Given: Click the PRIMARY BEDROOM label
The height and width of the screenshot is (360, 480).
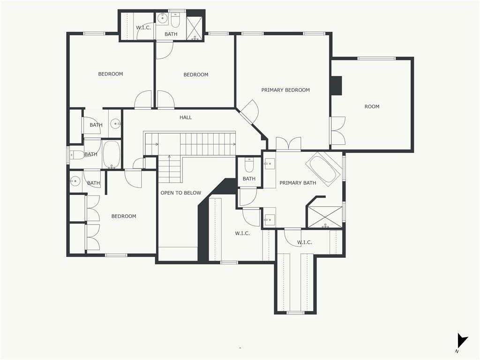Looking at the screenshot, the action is pos(285,90).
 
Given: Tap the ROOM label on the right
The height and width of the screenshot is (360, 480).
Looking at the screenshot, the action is pos(372,106).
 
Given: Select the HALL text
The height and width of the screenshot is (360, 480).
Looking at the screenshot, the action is pos(186,117).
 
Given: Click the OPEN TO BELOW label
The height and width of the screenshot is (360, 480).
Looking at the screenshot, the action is pos(181,193).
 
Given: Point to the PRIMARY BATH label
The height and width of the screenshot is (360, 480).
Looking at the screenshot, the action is pos(298,183).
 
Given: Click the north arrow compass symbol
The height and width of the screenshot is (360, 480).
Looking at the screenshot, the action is pos(462,340).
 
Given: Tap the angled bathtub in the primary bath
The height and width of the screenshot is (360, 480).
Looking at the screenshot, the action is pos(324,169).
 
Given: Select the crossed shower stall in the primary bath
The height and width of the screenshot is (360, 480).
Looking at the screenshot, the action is pos(325,217).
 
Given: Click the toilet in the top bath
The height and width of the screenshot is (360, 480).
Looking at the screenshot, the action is pos(175,19).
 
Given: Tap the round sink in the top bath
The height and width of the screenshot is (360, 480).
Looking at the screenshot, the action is pos(162,19).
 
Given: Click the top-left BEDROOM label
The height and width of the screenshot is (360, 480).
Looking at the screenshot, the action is pos(111,74).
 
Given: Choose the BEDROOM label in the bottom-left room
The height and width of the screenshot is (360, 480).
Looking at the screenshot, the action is pos(124,216).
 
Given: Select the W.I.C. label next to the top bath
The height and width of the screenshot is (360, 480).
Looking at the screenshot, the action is pos(143,28).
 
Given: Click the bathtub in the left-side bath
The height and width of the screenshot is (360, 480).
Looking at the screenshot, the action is pos(112,155).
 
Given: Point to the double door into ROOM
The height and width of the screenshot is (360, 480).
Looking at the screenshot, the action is pos(337,131).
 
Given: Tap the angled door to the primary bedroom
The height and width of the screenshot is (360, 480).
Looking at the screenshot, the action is pos(249,112).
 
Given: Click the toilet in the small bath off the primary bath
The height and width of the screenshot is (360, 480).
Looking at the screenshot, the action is pos(249,165).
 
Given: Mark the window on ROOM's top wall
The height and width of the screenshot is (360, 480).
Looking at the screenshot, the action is pos(376,58).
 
